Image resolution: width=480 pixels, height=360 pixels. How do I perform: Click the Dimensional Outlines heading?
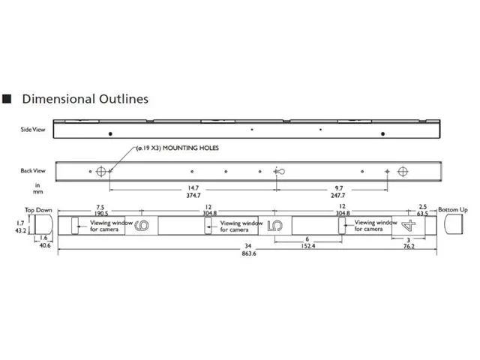point(85,99)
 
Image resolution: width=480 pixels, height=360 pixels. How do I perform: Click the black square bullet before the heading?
point(7,98)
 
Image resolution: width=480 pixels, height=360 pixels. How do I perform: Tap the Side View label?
point(33,130)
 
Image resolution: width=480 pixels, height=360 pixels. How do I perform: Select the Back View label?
point(33,170)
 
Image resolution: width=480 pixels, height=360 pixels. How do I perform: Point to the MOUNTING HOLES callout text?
point(178,148)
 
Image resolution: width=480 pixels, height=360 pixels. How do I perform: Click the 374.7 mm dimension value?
point(193,195)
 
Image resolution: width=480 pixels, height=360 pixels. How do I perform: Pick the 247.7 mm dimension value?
point(338,195)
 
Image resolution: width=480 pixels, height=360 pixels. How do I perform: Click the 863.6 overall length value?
point(249,253)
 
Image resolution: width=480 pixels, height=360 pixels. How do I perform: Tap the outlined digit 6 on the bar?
point(142,226)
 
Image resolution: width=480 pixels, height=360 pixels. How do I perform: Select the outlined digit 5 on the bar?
point(275,226)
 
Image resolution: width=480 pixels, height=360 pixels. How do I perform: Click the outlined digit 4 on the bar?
point(408,226)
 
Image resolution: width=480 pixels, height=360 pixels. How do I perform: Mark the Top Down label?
point(38,210)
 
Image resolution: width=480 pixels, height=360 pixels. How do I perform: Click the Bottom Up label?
point(453,210)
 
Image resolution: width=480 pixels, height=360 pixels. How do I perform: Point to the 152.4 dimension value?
point(308,246)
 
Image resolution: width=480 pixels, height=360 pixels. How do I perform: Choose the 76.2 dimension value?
point(409,246)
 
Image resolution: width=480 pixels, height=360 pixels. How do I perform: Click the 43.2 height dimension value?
point(21,230)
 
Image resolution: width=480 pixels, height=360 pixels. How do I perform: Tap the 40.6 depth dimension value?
point(45,245)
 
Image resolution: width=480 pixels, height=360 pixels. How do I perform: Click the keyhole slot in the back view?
point(280,172)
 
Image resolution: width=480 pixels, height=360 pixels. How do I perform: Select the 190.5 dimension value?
point(101,213)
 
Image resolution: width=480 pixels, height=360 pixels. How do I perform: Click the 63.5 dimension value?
point(422,213)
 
